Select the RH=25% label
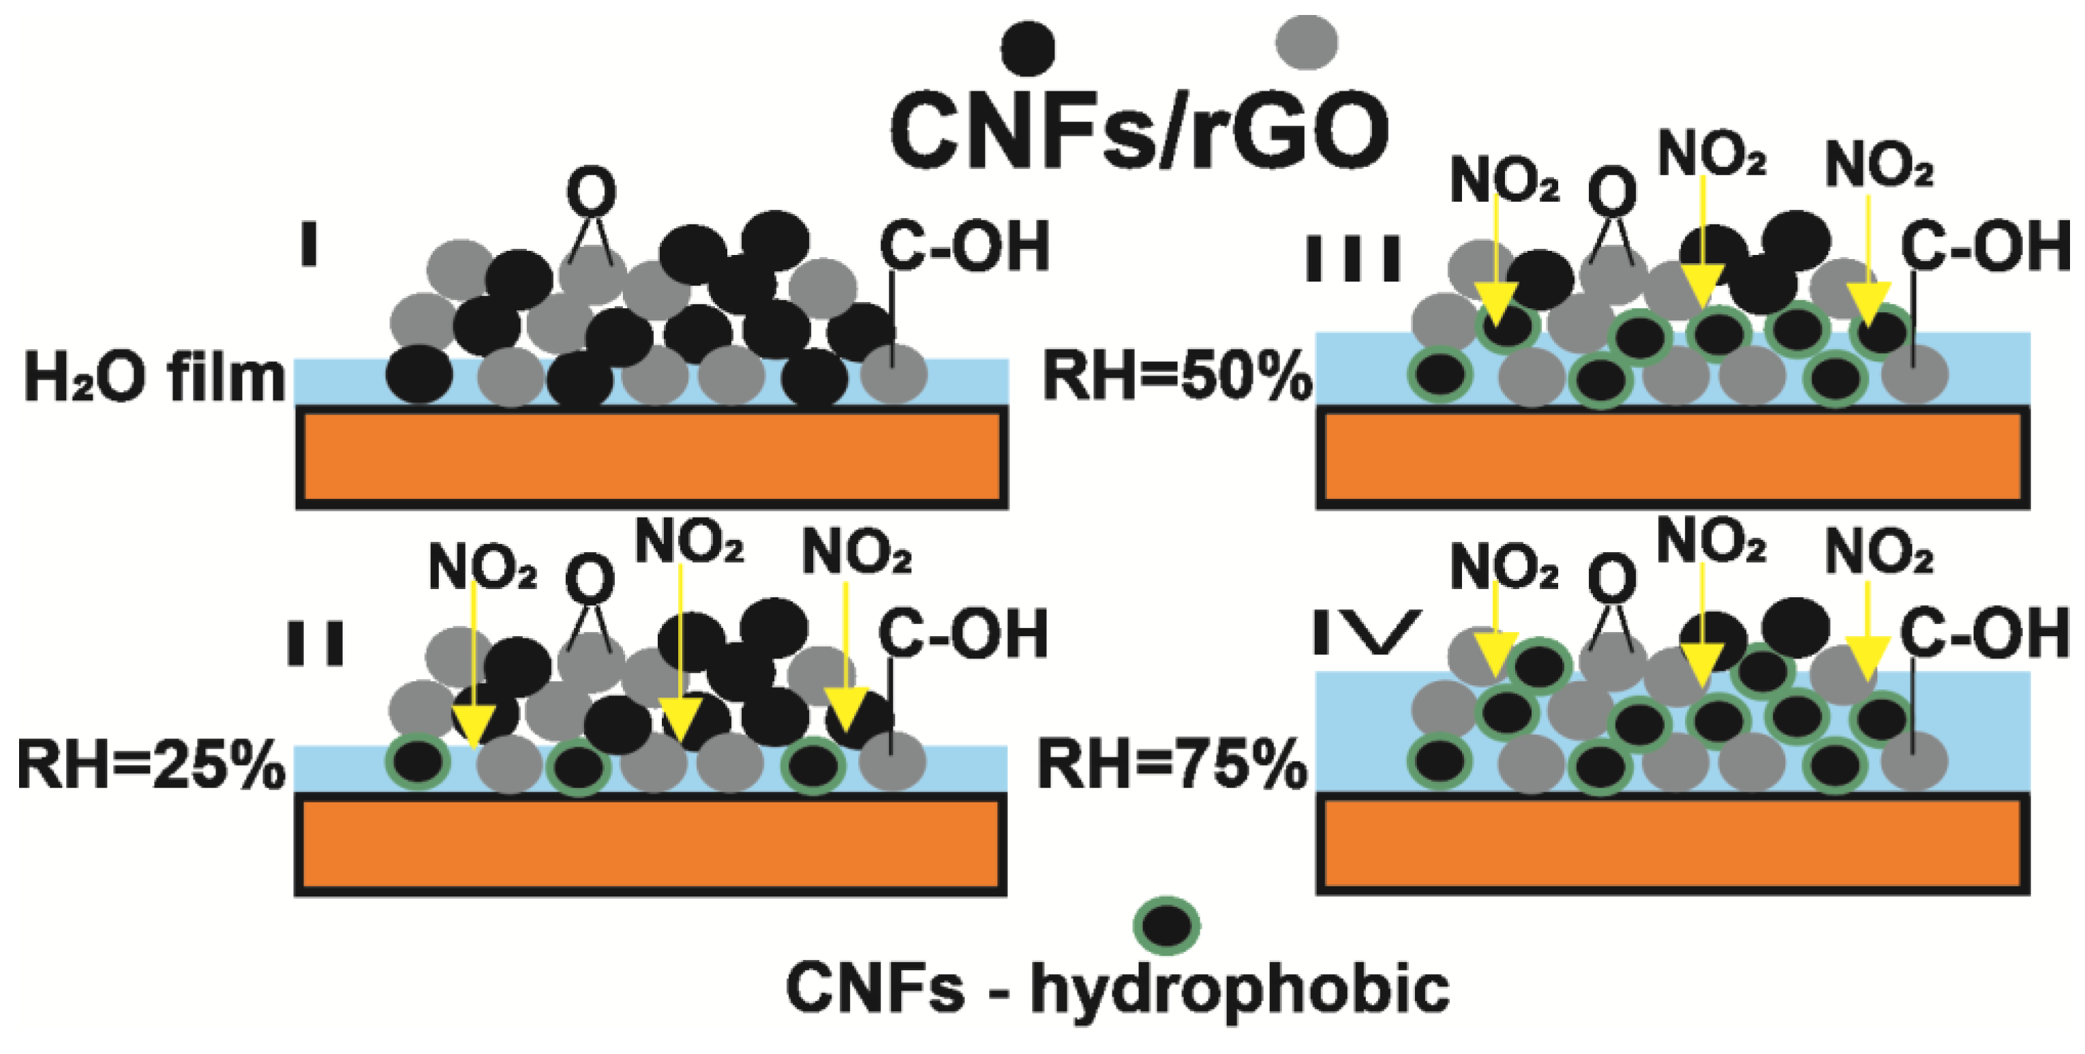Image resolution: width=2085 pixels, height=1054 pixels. pos(151,766)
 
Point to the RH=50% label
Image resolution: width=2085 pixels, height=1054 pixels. pos(1177,377)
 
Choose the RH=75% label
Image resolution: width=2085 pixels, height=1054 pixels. pos(1173,765)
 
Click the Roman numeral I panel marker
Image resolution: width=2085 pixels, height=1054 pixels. pos(308,245)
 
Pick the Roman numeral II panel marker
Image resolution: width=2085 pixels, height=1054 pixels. pos(316,644)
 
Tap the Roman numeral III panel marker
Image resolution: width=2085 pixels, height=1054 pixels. pos(1354,258)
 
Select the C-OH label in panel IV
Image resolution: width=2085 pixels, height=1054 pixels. pos(1984,633)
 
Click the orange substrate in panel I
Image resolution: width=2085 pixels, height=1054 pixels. pos(652,457)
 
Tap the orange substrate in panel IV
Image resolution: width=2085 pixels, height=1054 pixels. pos(1672,843)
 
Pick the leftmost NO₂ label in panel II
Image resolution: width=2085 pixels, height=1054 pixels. pos(483,567)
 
